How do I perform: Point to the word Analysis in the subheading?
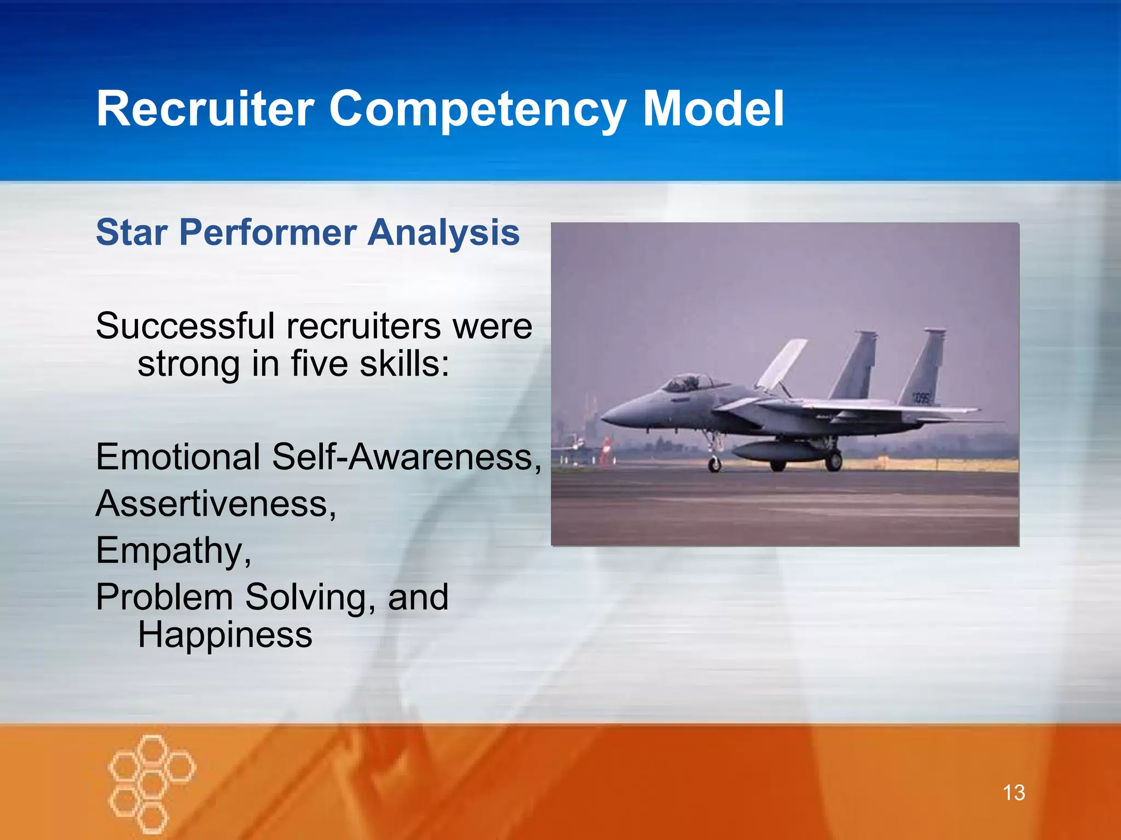[443, 232]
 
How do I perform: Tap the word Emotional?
[178, 457]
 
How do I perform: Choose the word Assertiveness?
[215, 504]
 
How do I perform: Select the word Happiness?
[225, 635]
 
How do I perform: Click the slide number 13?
[1014, 792]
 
